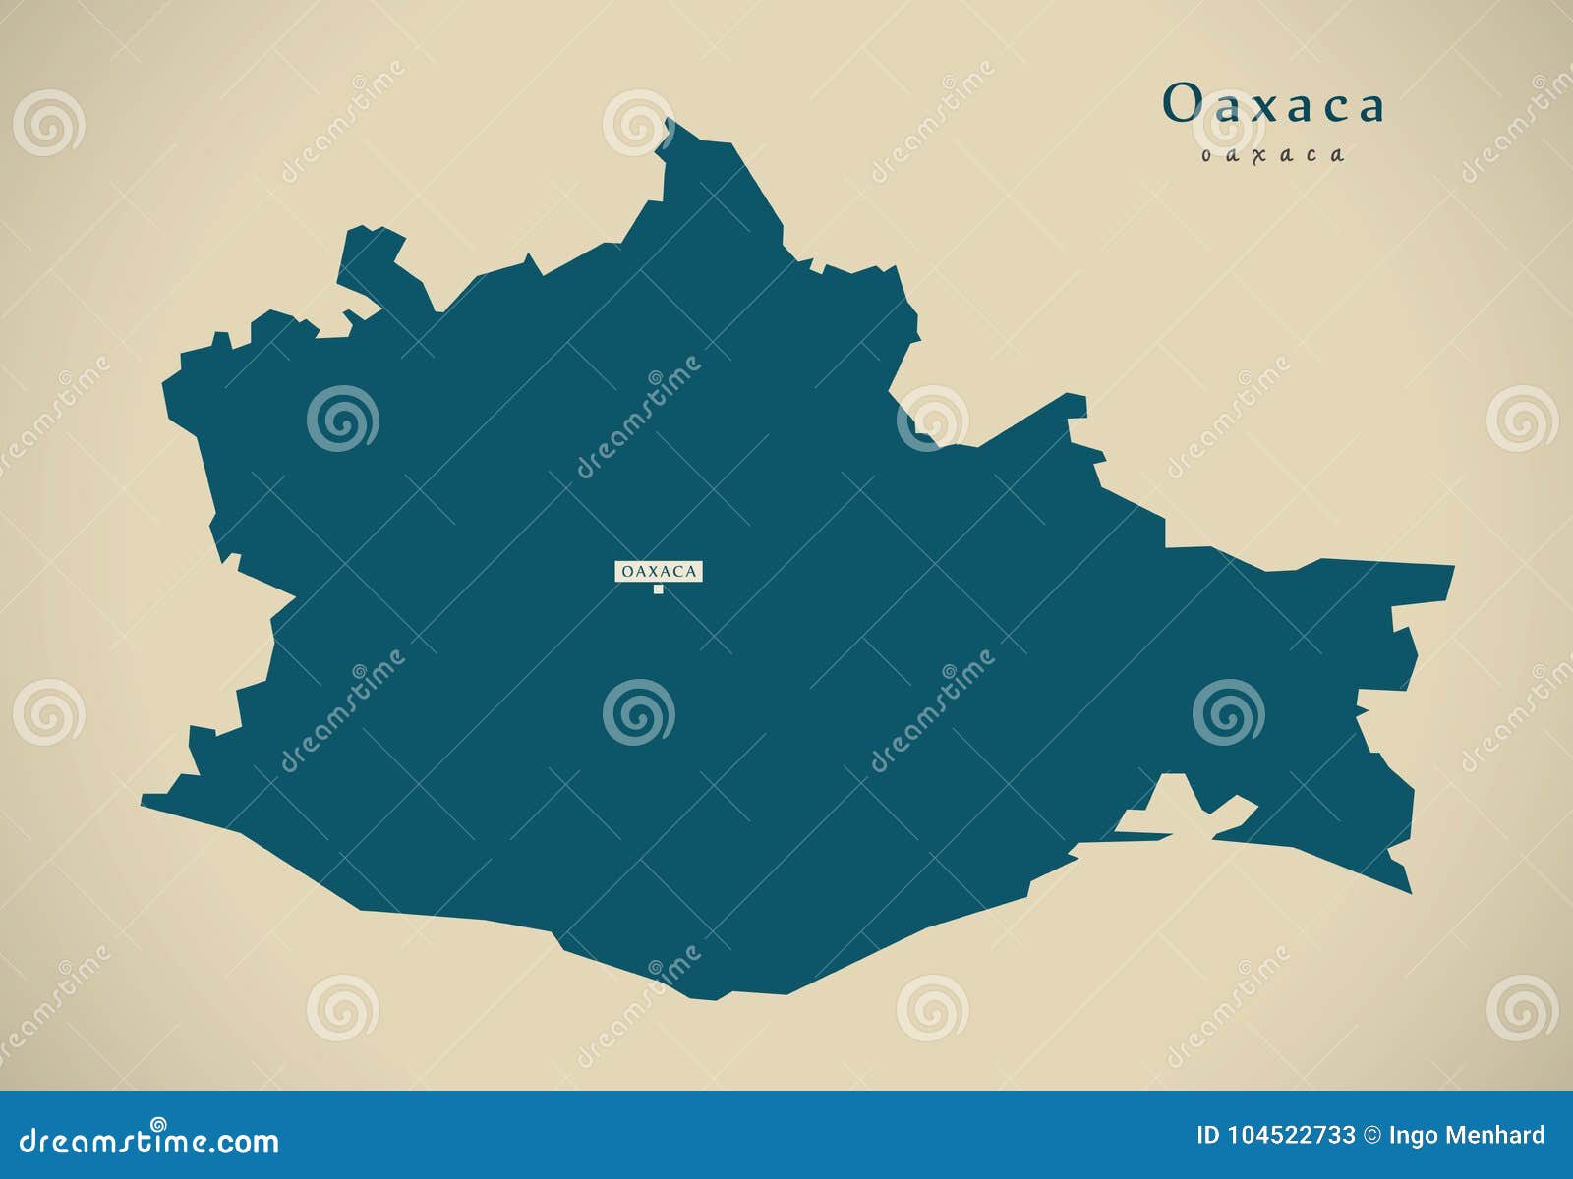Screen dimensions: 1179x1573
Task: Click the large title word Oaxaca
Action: click(x=1273, y=104)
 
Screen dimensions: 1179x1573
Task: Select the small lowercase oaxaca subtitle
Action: click(x=1272, y=154)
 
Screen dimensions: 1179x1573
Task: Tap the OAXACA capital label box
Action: click(x=659, y=571)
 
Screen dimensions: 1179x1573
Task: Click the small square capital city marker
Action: click(x=659, y=589)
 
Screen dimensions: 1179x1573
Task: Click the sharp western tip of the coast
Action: click(x=145, y=802)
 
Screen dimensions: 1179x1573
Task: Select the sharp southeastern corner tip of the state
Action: click(x=1408, y=889)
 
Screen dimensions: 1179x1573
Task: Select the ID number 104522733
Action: click(x=1291, y=1136)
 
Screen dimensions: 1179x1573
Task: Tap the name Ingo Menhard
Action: click(x=1466, y=1136)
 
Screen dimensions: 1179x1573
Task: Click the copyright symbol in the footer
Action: click(x=1372, y=1136)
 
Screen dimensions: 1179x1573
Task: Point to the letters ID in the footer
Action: click(x=1208, y=1136)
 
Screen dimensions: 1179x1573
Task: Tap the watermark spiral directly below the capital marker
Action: click(x=639, y=712)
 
